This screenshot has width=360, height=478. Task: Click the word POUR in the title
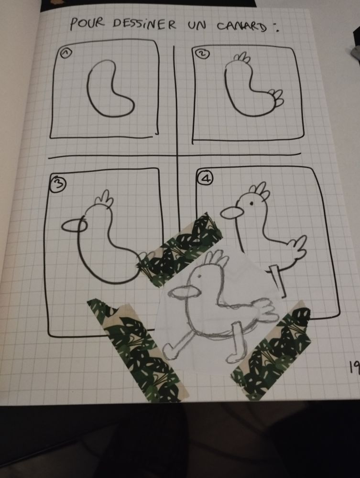pyautogui.click(x=87, y=24)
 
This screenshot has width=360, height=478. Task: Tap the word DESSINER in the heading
pyautogui.click(x=144, y=24)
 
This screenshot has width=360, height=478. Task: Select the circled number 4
pyautogui.click(x=206, y=178)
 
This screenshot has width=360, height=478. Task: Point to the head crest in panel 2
pyautogui.click(x=242, y=58)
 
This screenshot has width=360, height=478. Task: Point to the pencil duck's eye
pyautogui.click(x=199, y=276)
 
